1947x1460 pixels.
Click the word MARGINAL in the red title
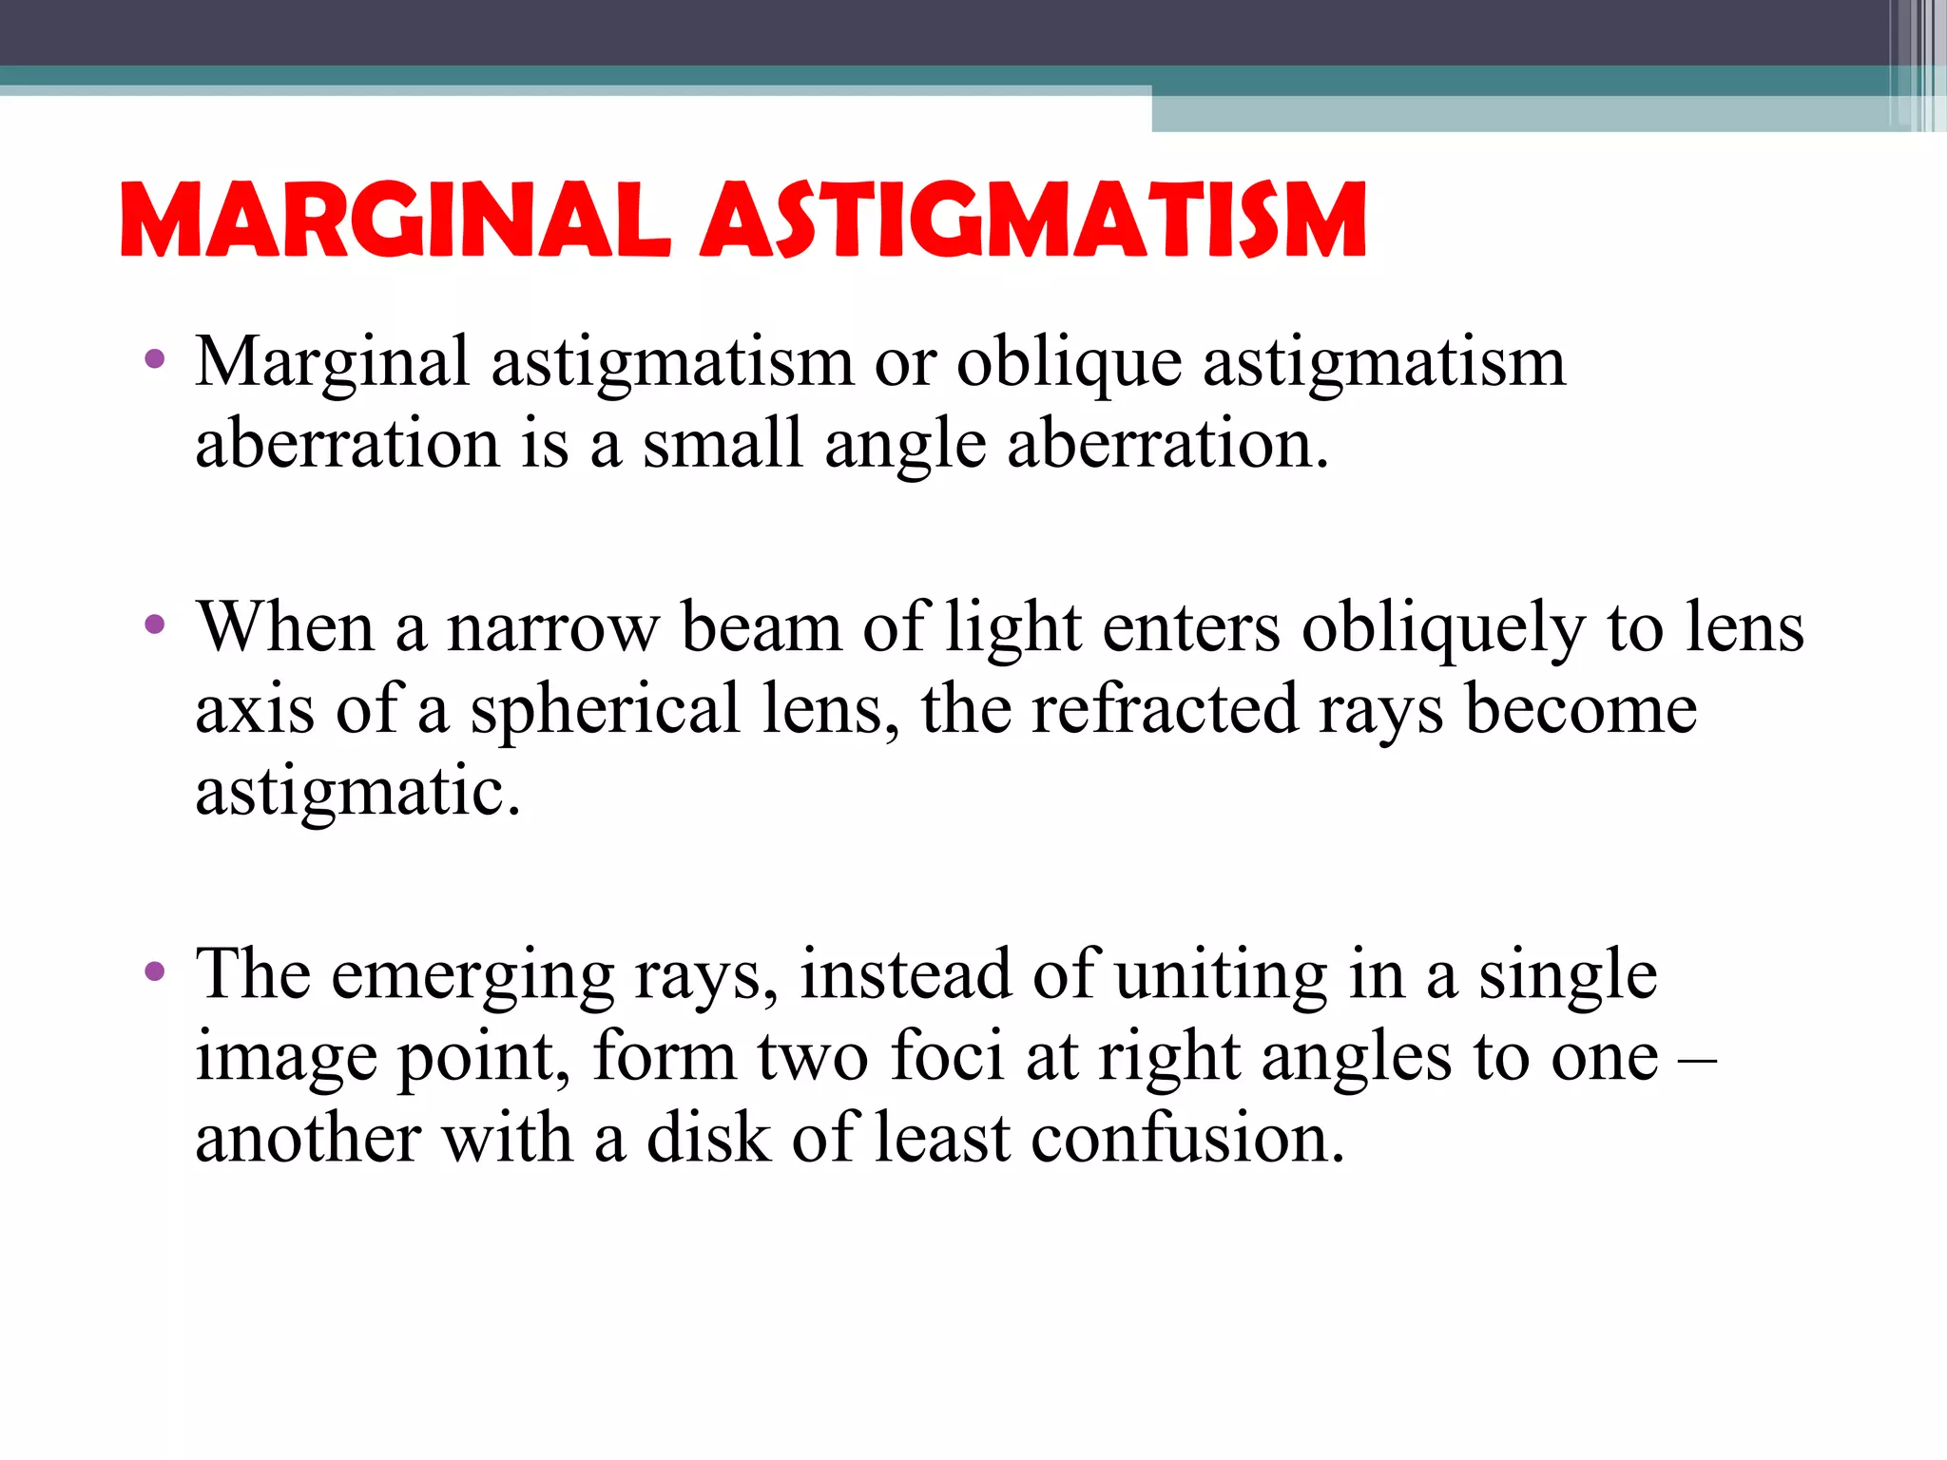[x=395, y=221]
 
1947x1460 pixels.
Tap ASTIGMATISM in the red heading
[x=1034, y=221]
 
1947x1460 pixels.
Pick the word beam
[x=761, y=629]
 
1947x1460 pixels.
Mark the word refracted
[x=1165, y=710]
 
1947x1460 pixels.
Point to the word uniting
[x=1221, y=977]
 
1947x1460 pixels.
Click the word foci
[x=946, y=1057]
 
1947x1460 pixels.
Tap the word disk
[x=708, y=1139]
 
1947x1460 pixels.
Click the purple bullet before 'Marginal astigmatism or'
[x=154, y=360]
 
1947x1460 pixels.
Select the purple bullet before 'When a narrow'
[x=154, y=625]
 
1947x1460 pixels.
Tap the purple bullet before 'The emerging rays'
[x=154, y=972]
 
